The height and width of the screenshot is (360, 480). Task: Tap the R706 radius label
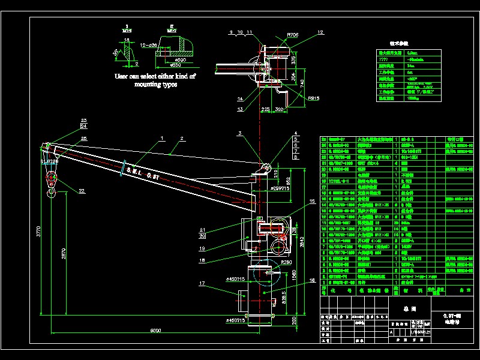tap(293, 35)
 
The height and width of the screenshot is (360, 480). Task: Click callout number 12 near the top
tap(320, 32)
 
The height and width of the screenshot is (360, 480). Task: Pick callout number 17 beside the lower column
tap(202, 284)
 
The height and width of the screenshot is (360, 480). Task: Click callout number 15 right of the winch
tap(311, 200)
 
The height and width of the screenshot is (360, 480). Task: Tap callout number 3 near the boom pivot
tap(239, 133)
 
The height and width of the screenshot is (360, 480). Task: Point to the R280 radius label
tap(285, 262)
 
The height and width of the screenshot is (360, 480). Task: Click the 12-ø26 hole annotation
tap(147, 45)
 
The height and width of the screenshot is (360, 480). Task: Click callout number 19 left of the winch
tap(202, 247)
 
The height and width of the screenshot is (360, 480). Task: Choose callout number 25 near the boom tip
tap(83, 139)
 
